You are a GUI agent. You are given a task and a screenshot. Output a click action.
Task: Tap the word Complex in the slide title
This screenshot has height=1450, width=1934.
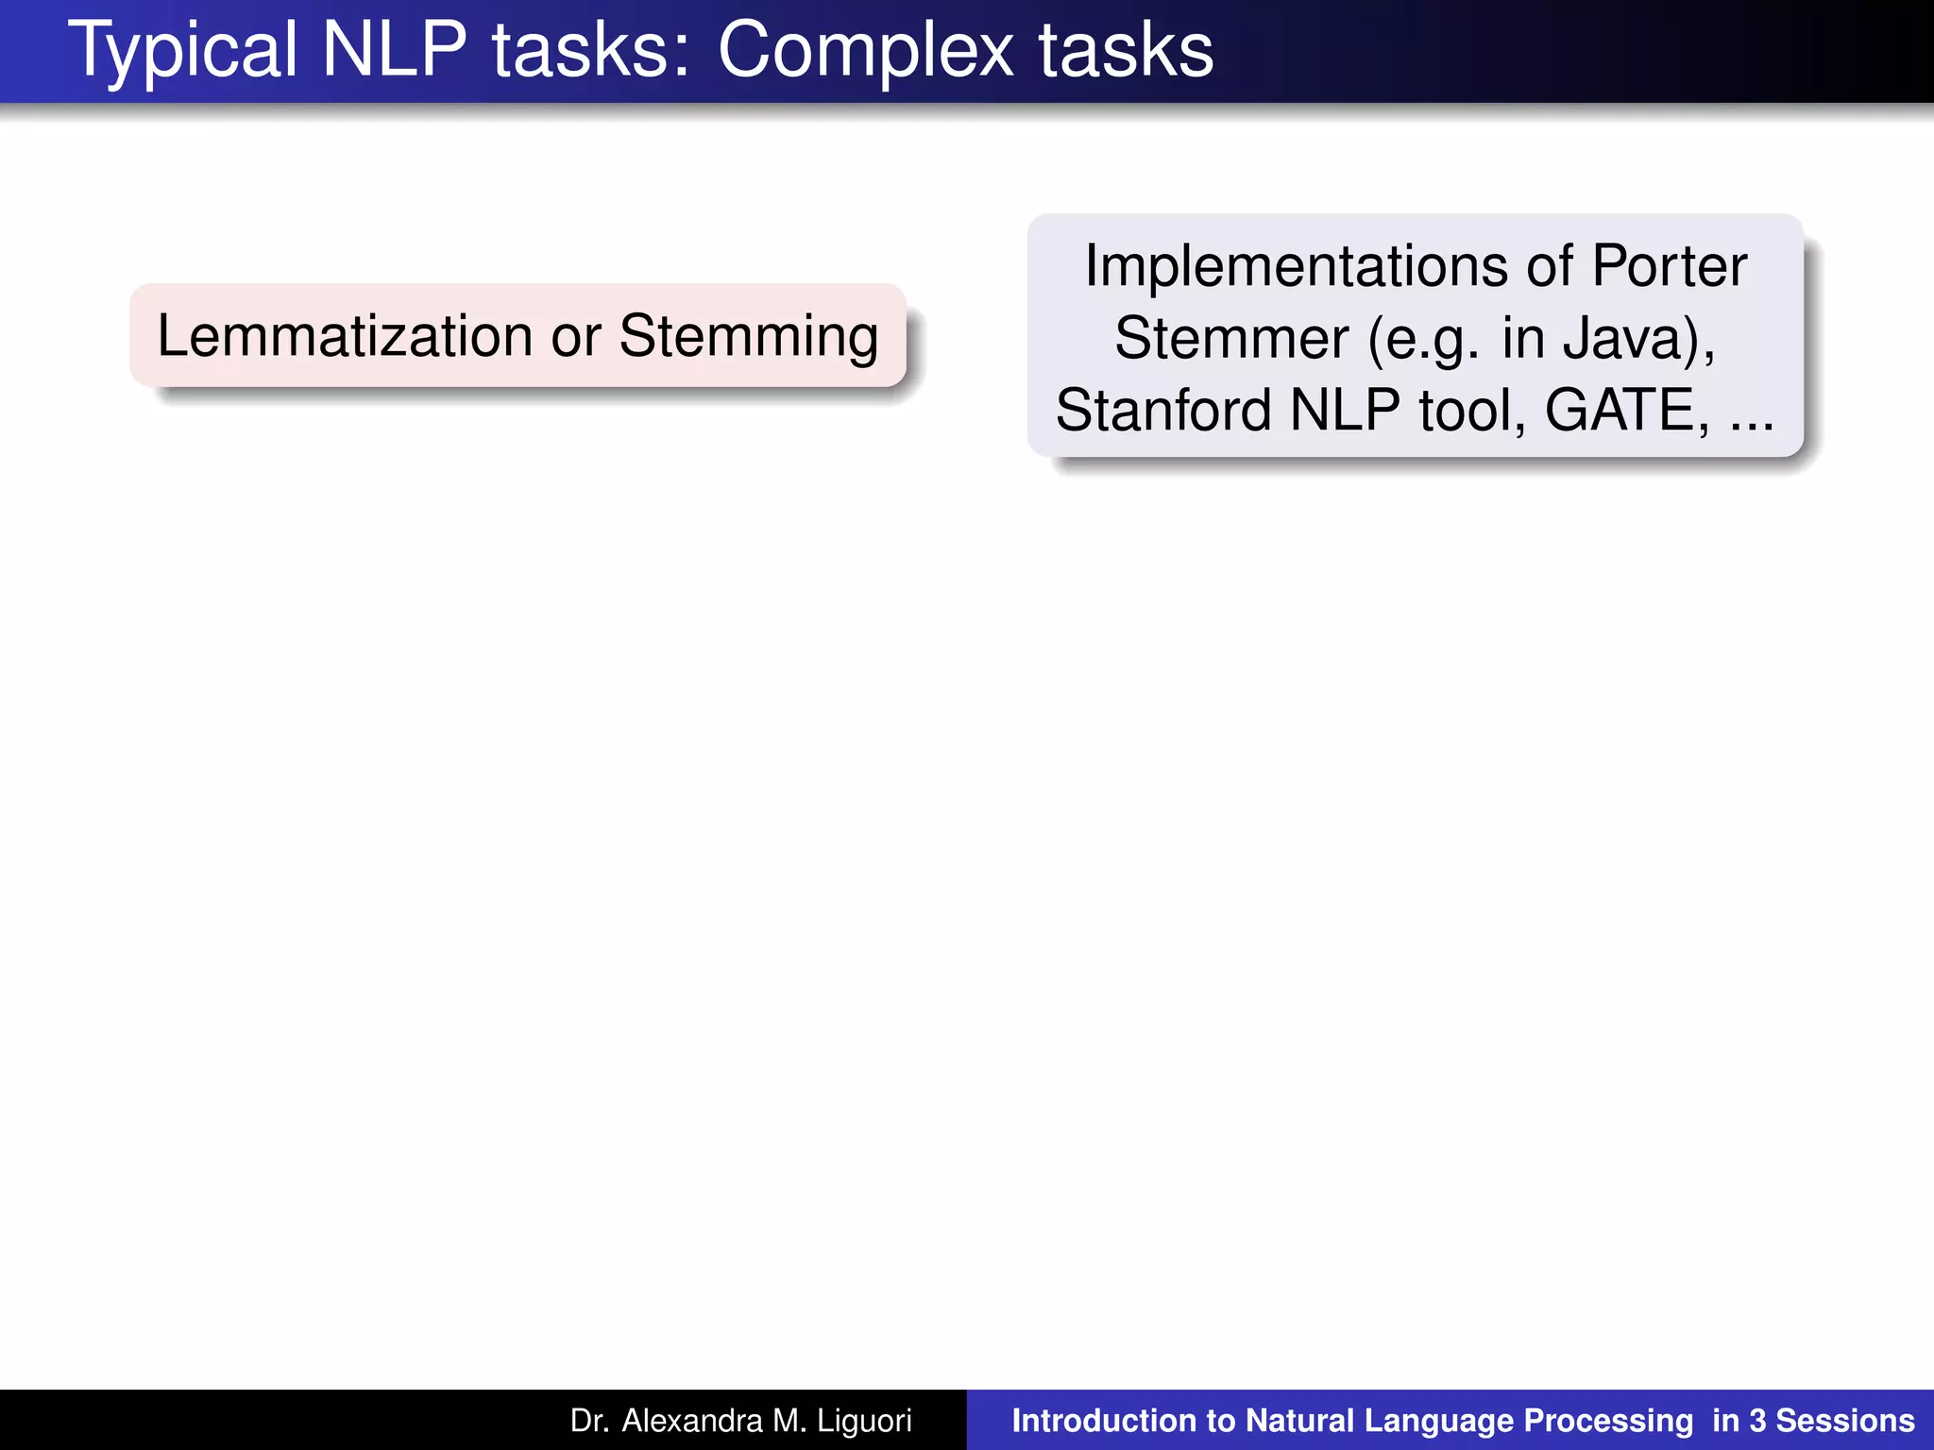click(864, 51)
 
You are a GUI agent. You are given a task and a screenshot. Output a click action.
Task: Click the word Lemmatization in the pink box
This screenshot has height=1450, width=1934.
click(346, 336)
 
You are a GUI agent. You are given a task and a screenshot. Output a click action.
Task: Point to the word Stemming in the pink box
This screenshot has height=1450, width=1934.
click(749, 338)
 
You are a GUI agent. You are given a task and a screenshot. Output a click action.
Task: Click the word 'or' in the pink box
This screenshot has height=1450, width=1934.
click(576, 338)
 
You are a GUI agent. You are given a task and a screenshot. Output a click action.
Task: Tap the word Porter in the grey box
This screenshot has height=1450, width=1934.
click(1669, 266)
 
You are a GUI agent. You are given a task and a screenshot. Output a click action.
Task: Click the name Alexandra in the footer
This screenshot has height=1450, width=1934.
click(691, 1421)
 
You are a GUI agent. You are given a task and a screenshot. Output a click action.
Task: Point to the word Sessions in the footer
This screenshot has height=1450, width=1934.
click(1845, 1421)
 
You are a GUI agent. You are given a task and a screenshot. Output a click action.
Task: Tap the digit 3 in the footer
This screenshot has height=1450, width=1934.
click(1757, 1421)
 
